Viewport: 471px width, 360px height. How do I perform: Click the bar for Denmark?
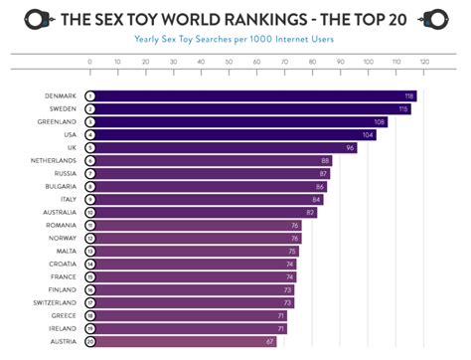[248, 96]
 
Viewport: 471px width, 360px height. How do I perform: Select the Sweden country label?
[61, 109]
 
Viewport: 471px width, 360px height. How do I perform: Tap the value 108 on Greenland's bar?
[379, 122]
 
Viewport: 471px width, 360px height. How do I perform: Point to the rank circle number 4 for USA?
[89, 135]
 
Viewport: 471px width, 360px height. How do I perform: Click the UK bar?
[219, 148]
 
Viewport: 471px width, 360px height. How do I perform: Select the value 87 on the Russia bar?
[322, 174]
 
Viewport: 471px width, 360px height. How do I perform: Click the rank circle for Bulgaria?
[89, 187]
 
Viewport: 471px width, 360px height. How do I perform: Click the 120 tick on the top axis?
[423, 61]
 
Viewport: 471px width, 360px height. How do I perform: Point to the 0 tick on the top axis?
[89, 61]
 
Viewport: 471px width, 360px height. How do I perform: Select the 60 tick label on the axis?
[256, 61]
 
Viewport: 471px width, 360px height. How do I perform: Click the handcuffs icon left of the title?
[37, 18]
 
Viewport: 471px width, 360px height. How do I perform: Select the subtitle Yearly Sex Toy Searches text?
[235, 39]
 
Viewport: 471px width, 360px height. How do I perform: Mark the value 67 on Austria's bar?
[269, 341]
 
